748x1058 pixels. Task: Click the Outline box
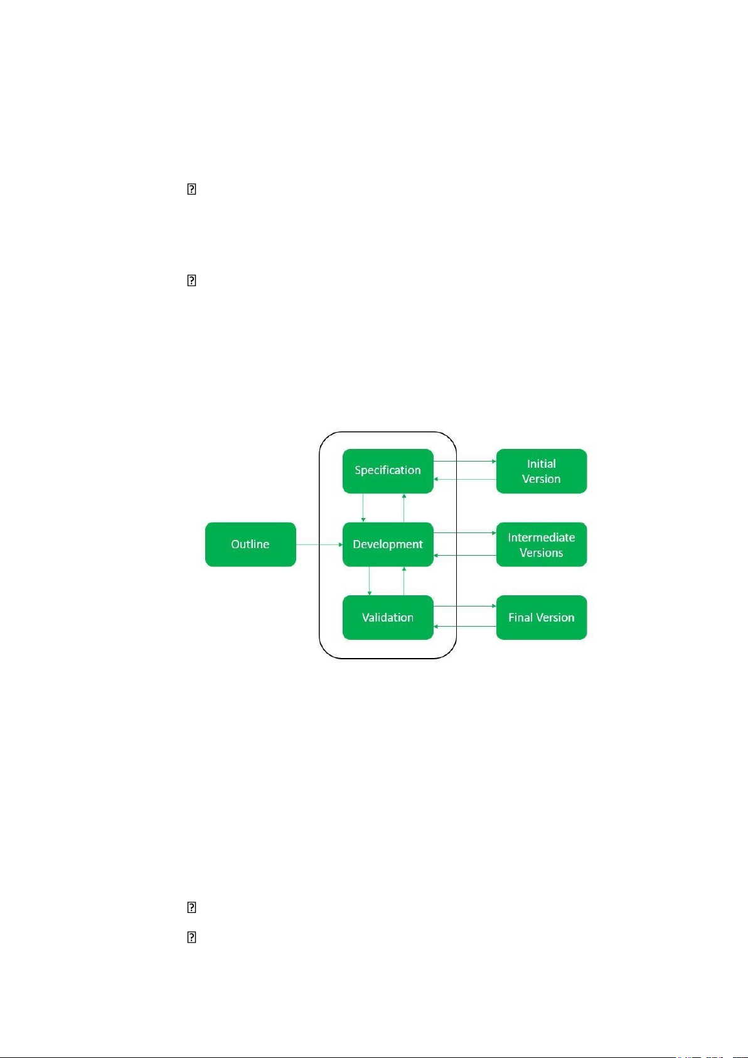250,544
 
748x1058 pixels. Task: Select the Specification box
388,471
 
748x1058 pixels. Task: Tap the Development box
388,544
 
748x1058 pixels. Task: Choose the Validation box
388,617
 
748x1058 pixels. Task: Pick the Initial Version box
542,471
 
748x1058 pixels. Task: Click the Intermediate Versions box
542,544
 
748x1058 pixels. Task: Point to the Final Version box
542,617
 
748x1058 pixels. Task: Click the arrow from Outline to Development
319,544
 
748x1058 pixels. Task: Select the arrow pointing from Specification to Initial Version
465,461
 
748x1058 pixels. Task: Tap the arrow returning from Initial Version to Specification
465,479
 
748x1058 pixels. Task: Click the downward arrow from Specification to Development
363,508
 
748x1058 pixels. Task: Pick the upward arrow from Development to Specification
404,508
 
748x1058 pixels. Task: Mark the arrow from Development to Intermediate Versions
465,533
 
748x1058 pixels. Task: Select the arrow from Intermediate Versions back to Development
465,556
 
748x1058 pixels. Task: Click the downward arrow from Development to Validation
370,581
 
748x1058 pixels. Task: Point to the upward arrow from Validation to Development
404,581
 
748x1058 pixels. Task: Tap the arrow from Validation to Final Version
465,605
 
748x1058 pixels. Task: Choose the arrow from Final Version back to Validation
465,626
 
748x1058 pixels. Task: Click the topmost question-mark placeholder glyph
191,189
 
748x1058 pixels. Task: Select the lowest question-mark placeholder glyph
191,937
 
